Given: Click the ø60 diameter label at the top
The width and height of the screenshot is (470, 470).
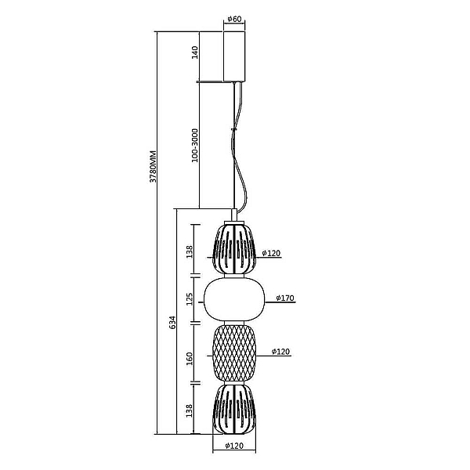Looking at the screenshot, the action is coord(234,19).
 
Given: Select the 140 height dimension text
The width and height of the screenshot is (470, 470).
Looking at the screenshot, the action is coord(195,52).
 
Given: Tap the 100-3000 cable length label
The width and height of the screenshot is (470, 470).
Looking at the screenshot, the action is coord(195,146).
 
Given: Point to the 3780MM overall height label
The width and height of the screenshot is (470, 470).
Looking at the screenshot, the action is coord(153,166).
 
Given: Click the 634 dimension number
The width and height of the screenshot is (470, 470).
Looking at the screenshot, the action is coord(172,322).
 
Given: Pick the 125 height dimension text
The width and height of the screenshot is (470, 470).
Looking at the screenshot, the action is coord(190,299).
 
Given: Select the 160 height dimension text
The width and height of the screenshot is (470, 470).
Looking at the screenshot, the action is coord(190,359).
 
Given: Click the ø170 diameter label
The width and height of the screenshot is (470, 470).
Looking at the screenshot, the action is coord(285,298).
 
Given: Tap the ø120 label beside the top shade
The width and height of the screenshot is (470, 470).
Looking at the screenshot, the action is coord(271,253).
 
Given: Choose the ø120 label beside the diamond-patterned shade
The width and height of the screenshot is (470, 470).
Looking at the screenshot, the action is coord(280,351).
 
